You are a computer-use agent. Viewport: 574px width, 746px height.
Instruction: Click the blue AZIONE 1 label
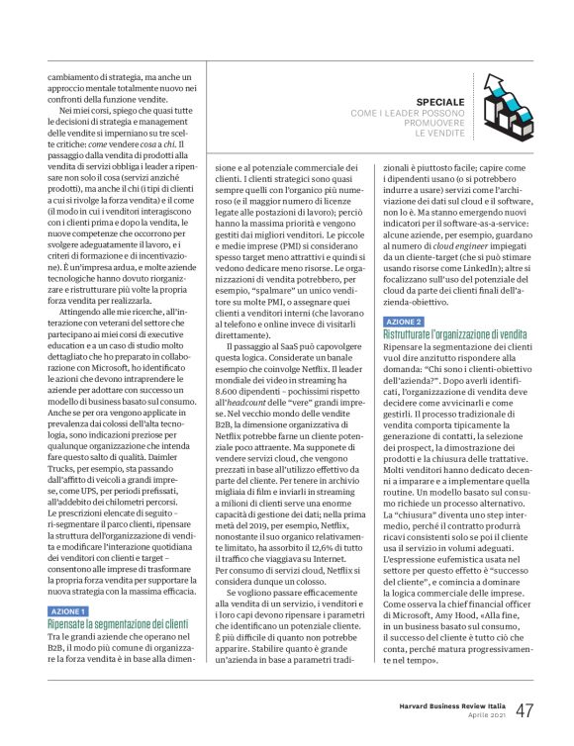point(68,585)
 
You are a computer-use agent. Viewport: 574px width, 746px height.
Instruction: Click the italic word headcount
point(285,393)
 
